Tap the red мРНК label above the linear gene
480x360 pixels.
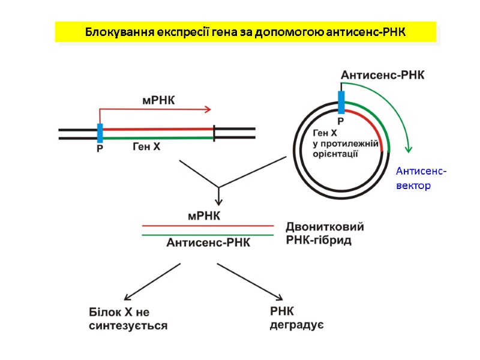[x=158, y=100]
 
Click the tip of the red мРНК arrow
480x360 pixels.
[x=209, y=109]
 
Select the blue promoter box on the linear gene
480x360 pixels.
[x=100, y=133]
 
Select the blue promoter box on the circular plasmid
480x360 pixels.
[x=341, y=102]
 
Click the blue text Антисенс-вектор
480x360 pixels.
[x=421, y=179]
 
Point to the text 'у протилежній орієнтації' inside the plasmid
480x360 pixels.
[x=346, y=148]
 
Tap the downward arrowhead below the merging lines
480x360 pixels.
[x=219, y=201]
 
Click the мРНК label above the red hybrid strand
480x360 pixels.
[x=204, y=215]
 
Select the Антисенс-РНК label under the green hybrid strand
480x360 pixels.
[x=208, y=242]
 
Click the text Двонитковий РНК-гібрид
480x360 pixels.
[x=325, y=234]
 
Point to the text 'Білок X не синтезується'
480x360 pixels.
[x=128, y=319]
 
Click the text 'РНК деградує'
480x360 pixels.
[x=297, y=318]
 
